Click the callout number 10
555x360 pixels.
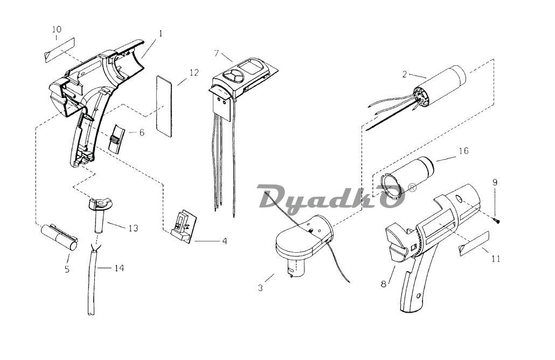point(57,30)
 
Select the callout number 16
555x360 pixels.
point(463,151)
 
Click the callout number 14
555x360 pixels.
point(119,268)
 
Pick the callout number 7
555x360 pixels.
point(217,53)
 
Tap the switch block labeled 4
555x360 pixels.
point(182,226)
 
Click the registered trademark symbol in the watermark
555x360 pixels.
point(412,187)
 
